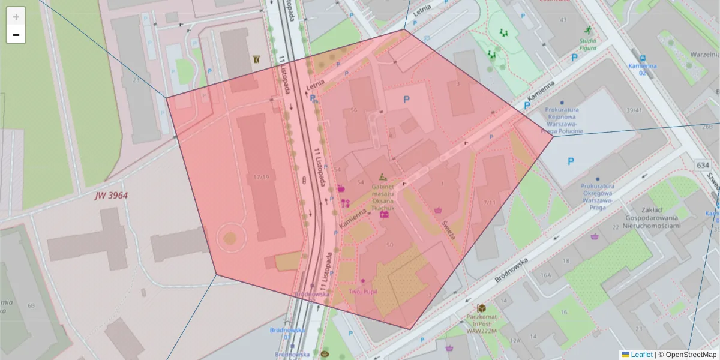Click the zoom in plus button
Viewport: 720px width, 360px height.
[16, 17]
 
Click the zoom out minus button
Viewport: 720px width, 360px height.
[16, 35]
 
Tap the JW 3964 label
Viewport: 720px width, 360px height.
[111, 196]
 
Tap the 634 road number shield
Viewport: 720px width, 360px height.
[703, 164]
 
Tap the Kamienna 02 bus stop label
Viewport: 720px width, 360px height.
[642, 69]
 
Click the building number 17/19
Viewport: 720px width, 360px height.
[262, 177]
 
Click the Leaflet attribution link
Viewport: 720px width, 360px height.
[641, 355]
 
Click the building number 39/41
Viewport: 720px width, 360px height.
[634, 110]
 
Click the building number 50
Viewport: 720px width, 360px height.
[390, 245]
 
